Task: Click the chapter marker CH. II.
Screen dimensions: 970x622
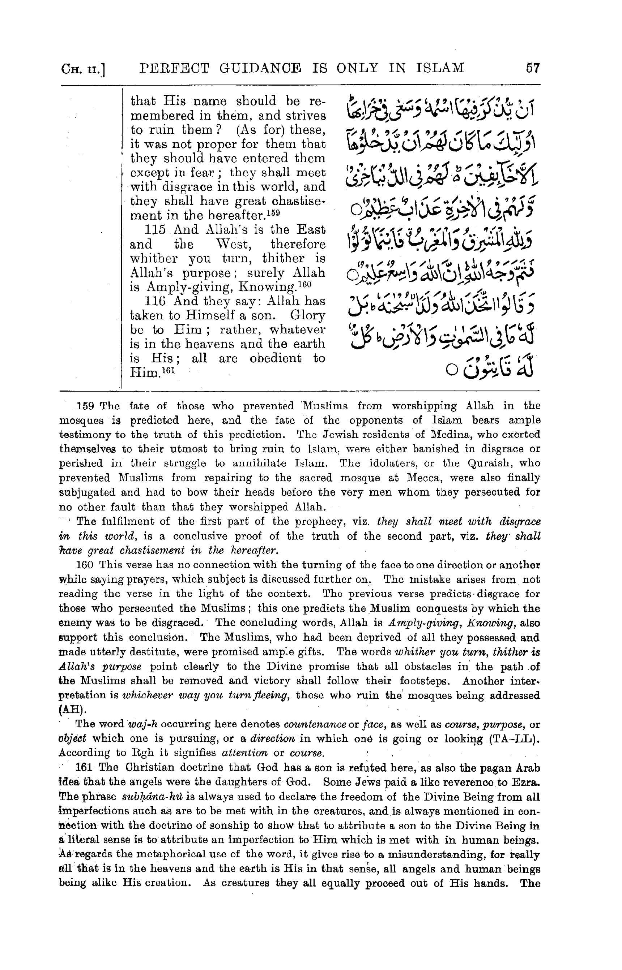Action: click(x=83, y=69)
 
